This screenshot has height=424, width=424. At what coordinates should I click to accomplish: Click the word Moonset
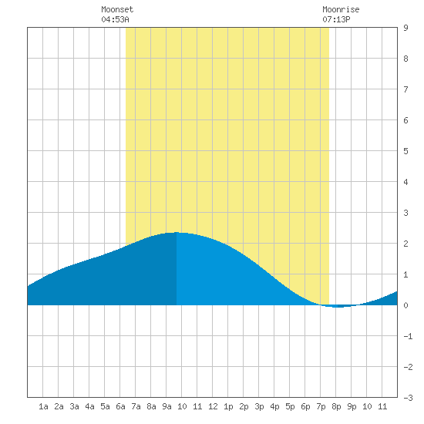tap(117, 9)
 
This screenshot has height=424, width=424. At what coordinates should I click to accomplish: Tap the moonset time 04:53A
tap(115, 19)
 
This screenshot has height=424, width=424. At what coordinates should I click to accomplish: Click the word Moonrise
tap(341, 9)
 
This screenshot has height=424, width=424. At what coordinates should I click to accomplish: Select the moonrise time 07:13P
tap(336, 19)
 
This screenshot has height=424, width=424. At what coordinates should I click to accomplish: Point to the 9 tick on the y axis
tap(405, 28)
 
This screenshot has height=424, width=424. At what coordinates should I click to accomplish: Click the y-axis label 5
tap(405, 151)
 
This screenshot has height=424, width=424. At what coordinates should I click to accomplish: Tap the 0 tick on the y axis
tap(405, 305)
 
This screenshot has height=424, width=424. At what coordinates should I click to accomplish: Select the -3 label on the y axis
tap(408, 398)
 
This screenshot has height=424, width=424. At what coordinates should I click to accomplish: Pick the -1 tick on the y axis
tap(408, 336)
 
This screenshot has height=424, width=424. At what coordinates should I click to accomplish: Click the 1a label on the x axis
tap(43, 406)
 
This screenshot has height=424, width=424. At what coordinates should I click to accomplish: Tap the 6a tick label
tap(120, 406)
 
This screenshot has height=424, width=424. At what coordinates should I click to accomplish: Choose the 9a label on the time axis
tap(167, 406)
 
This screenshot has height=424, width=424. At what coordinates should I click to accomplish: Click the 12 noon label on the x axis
tap(213, 406)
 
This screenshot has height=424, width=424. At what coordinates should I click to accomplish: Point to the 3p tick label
tap(259, 406)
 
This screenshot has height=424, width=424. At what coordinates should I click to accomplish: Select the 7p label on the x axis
tap(321, 406)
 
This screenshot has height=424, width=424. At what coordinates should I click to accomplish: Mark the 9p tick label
tap(352, 406)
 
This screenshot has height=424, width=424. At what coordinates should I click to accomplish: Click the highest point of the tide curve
tap(177, 232)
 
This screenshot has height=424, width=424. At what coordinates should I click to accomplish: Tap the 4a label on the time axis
tap(89, 406)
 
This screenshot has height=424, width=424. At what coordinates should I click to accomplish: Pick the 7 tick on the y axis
tap(405, 89)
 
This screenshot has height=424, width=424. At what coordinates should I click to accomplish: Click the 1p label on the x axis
tap(228, 406)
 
